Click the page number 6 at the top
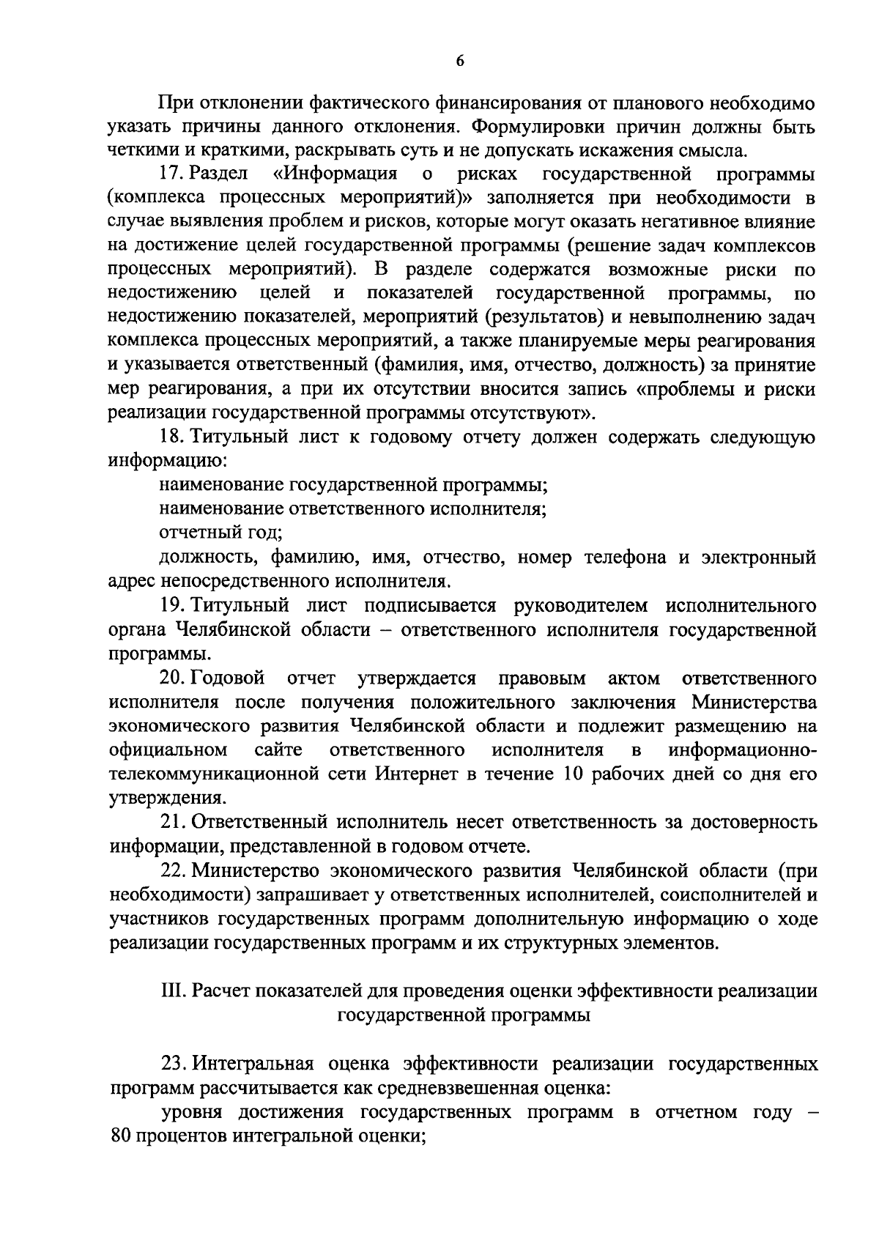(460, 62)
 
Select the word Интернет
(418, 774)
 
